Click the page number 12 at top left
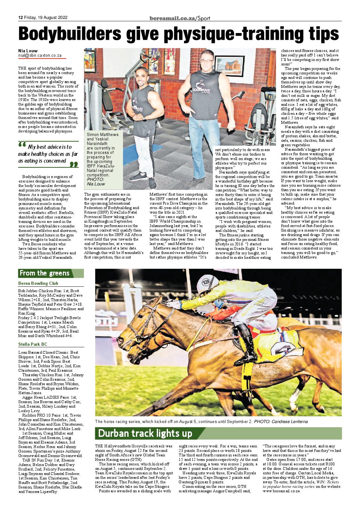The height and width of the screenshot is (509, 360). click(x=20, y=18)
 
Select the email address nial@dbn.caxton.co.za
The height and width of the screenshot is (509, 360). click(x=40, y=55)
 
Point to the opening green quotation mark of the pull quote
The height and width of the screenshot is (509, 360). click(x=22, y=146)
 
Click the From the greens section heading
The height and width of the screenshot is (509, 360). click(x=44, y=273)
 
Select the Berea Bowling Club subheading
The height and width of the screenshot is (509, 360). click(x=38, y=283)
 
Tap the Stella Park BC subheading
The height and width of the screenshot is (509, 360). click(x=33, y=344)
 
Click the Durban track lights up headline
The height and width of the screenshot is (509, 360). click(x=145, y=433)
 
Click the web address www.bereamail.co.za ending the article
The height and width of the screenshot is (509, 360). click(x=281, y=491)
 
